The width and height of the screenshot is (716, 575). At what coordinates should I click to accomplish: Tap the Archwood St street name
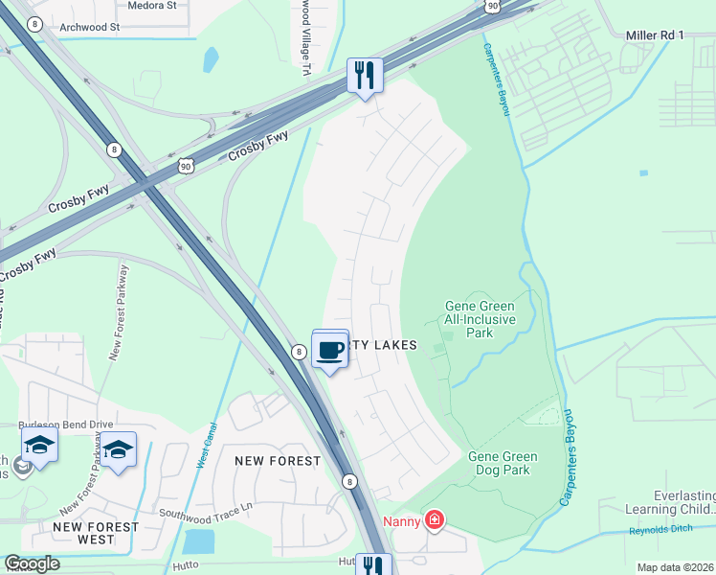click(x=89, y=27)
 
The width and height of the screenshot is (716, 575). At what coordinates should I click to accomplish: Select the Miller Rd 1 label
click(x=655, y=35)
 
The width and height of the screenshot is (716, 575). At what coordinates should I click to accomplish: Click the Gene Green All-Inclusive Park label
click(x=481, y=319)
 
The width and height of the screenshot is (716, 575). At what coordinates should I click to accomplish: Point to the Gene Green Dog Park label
click(x=503, y=463)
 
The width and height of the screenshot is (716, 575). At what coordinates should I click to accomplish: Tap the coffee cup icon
click(x=330, y=350)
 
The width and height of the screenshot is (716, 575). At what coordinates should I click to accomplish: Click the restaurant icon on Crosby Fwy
click(x=365, y=75)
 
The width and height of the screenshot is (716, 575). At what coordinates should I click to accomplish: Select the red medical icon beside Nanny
click(x=435, y=520)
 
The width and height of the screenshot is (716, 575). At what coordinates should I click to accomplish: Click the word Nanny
click(x=402, y=521)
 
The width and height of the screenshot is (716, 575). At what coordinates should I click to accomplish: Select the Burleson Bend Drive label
click(x=66, y=424)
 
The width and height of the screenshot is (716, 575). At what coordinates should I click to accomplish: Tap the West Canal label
click(x=208, y=447)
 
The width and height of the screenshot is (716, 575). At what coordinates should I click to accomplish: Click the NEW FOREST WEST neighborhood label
click(x=84, y=533)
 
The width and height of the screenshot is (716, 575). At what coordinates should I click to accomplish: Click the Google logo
click(x=32, y=563)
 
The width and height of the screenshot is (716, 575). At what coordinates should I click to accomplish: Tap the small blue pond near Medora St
click(x=210, y=59)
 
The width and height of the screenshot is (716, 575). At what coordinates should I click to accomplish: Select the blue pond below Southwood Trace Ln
click(x=199, y=542)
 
